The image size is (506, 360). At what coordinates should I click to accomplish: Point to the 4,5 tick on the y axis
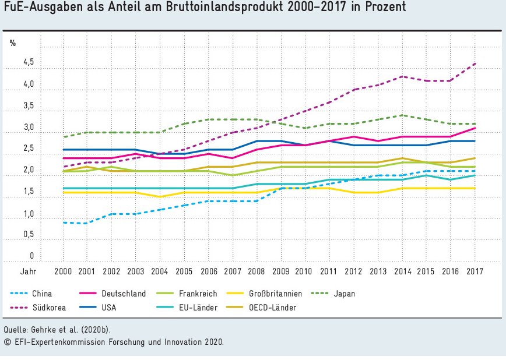pyautogui.click(x=29, y=62)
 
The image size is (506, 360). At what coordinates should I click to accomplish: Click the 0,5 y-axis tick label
pyautogui.click(x=29, y=234)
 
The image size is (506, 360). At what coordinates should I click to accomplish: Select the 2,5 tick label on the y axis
pyautogui.click(x=29, y=148)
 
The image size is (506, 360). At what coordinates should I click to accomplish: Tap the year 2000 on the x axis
pyautogui.click(x=63, y=271)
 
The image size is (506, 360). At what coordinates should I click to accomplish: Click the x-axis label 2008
pyautogui.click(x=256, y=271)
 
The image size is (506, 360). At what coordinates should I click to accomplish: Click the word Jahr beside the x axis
pyautogui.click(x=29, y=271)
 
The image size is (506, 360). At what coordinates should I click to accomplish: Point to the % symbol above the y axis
pyautogui.click(x=12, y=43)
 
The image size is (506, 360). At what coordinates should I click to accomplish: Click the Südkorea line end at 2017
pyautogui.click(x=474, y=63)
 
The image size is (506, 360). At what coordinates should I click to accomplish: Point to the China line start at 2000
pyautogui.click(x=63, y=222)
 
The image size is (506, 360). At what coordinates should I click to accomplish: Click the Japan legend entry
pyautogui.click(x=345, y=294)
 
